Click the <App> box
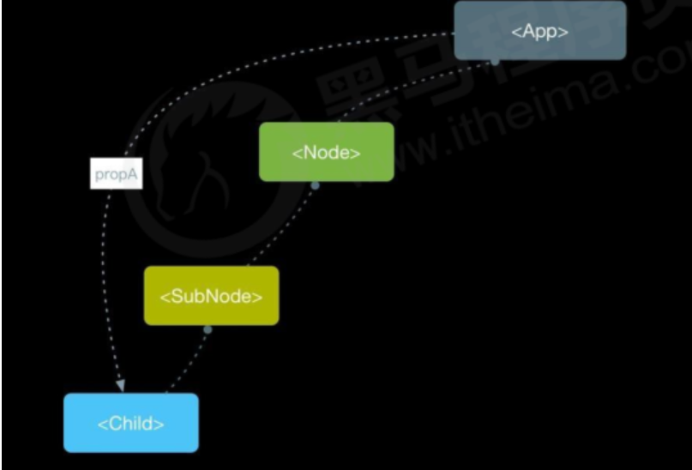tap(540, 30)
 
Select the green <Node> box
tap(327, 152)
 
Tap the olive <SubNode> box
tap(211, 296)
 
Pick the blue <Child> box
tap(130, 423)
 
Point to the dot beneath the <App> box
tap(495, 61)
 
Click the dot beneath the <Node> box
tap(315, 185)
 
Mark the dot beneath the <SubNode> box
tap(207, 329)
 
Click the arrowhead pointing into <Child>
tap(121, 386)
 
